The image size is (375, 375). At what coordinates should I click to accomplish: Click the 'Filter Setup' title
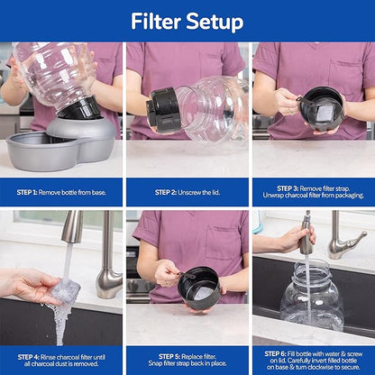(x=187, y=21)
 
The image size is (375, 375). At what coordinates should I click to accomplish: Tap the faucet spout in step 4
(x=72, y=229)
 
